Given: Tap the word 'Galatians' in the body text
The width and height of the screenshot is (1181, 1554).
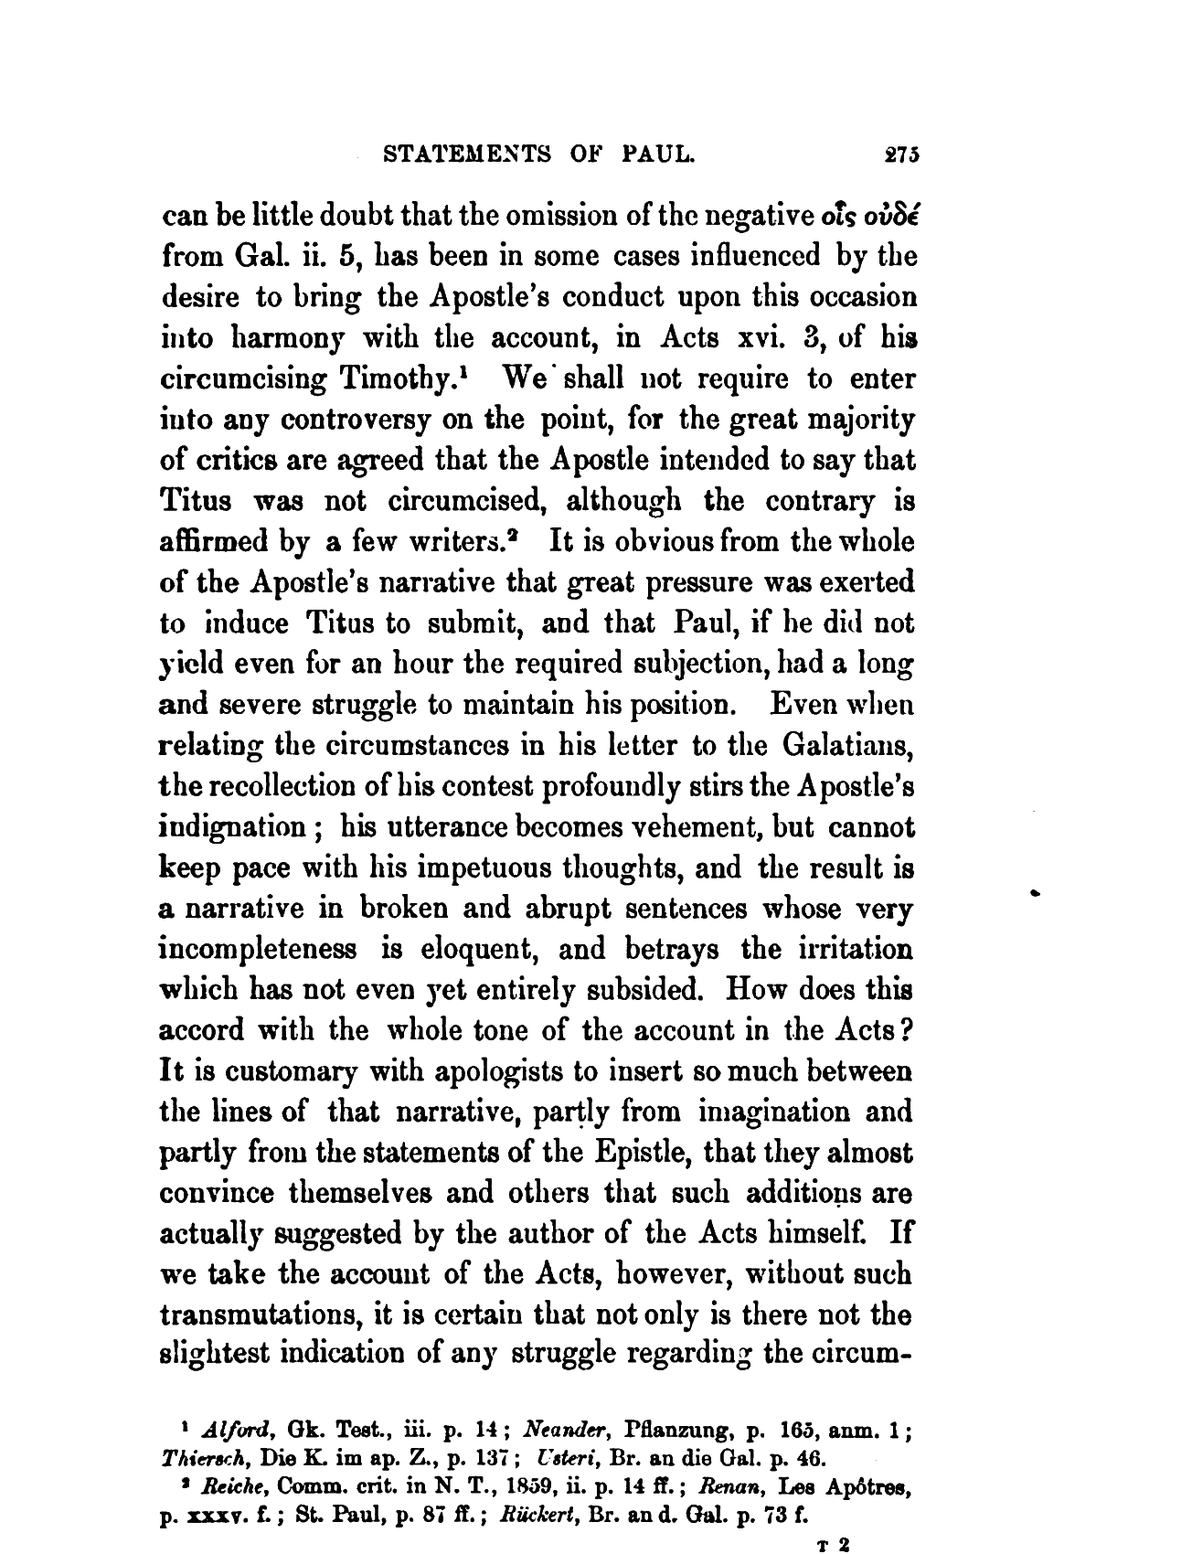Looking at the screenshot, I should pos(848,746).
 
